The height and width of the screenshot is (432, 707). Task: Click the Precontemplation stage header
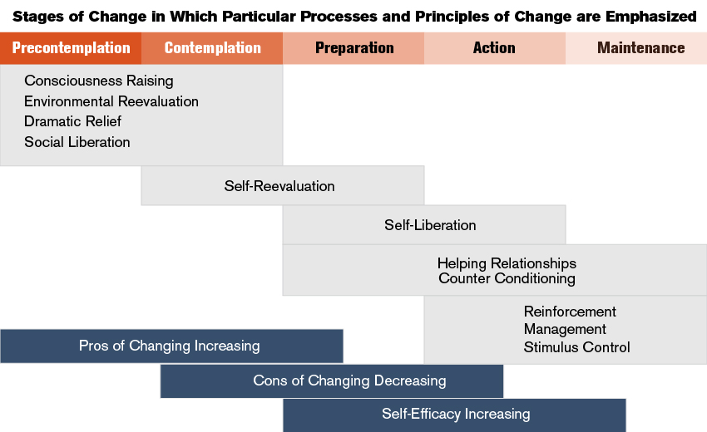tap(71, 48)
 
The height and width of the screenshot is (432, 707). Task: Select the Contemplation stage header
tap(212, 48)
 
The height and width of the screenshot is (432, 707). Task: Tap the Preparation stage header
tap(353, 48)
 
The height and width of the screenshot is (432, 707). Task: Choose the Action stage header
tap(495, 48)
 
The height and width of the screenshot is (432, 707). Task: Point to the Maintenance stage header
tap(636, 48)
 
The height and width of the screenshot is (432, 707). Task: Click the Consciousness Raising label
tap(99, 81)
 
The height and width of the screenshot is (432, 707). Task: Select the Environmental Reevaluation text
tap(111, 101)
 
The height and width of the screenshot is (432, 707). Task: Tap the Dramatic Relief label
tap(72, 121)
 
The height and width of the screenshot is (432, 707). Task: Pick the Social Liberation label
tap(77, 142)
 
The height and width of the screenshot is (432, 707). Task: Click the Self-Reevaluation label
tap(279, 186)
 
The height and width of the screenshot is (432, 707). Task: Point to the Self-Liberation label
tap(430, 225)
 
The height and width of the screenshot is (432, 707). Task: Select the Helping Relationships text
tap(507, 263)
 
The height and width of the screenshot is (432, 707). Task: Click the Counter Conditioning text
tap(507, 278)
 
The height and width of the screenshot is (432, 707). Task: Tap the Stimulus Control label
tap(576, 347)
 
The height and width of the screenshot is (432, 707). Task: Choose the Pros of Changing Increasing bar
tap(172, 346)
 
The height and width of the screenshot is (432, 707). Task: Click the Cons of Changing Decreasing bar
tap(332, 381)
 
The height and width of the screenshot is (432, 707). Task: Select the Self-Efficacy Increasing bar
tap(454, 415)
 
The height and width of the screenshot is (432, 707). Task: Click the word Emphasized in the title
tap(650, 17)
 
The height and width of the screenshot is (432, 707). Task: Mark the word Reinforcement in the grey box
tap(570, 312)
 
